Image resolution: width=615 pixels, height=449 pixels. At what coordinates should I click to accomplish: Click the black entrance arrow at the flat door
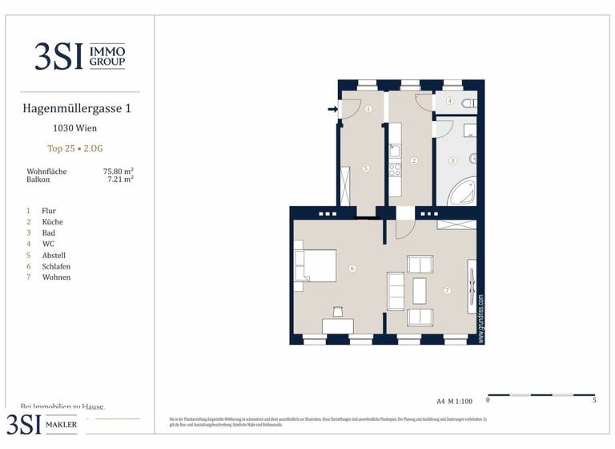click(332, 110)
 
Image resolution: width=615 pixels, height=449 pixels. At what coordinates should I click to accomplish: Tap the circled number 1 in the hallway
click(368, 109)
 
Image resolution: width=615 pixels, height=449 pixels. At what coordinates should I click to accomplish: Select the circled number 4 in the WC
click(450, 102)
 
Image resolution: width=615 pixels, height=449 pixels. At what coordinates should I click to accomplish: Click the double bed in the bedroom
click(314, 265)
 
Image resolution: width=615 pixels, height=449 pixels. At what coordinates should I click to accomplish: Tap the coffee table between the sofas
click(420, 289)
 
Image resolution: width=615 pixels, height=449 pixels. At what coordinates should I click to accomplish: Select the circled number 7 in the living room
click(448, 289)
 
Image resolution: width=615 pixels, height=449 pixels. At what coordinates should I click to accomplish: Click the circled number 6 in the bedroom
click(352, 268)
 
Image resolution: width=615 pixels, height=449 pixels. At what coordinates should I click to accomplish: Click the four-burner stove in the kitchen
click(394, 169)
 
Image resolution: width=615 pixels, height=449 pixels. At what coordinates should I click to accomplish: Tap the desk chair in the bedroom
click(337, 311)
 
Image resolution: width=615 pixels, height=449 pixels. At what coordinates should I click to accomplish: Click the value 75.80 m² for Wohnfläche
click(118, 172)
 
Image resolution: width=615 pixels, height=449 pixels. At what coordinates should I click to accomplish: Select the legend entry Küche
click(53, 222)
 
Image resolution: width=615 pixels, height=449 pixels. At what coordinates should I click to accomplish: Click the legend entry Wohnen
click(56, 277)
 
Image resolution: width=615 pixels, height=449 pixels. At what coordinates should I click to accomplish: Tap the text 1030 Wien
click(74, 128)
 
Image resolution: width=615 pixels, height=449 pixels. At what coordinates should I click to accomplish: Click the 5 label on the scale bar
click(594, 400)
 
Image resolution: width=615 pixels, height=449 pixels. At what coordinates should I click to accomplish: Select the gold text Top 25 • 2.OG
click(74, 148)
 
